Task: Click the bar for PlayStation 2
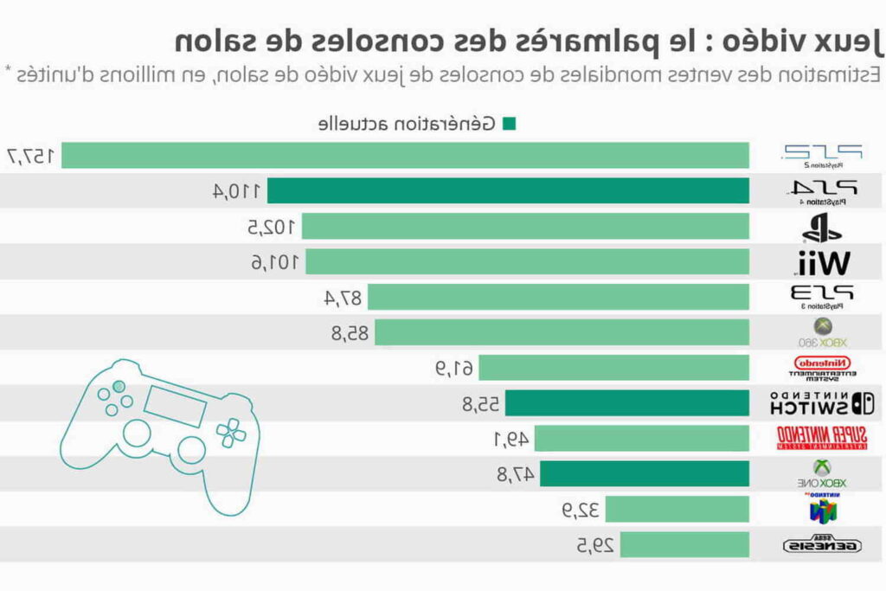coord(405,156)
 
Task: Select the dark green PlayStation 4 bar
coord(508,190)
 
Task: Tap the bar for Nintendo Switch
coord(627,403)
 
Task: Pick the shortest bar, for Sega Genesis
coord(684,544)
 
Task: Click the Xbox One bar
coord(645,473)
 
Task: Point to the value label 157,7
coord(31,156)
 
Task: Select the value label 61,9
coord(454,368)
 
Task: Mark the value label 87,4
coord(343,298)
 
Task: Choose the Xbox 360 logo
coord(823,332)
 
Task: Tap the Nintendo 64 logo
coord(823,509)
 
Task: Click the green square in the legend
coord(509,124)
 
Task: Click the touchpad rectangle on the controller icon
coord(176,404)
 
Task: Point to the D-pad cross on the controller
coord(231,433)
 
